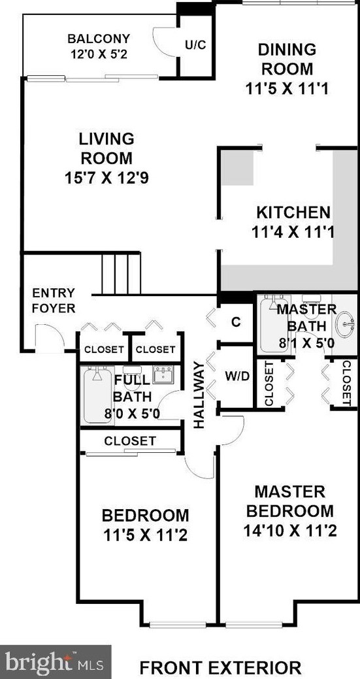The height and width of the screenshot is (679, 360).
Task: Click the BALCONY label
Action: [98, 39]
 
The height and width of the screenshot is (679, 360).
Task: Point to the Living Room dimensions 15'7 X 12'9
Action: [106, 177]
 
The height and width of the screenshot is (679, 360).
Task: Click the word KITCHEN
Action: [293, 212]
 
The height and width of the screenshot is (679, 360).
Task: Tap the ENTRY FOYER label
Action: [54, 300]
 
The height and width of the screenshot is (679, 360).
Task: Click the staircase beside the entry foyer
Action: [122, 274]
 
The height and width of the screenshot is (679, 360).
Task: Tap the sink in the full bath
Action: [163, 374]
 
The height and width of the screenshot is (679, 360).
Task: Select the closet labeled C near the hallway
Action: [237, 322]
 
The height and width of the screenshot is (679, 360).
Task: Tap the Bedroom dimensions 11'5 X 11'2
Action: [145, 536]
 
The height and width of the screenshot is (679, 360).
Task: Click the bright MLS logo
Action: [56, 661]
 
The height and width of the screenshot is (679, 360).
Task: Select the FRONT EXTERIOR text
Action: [220, 668]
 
